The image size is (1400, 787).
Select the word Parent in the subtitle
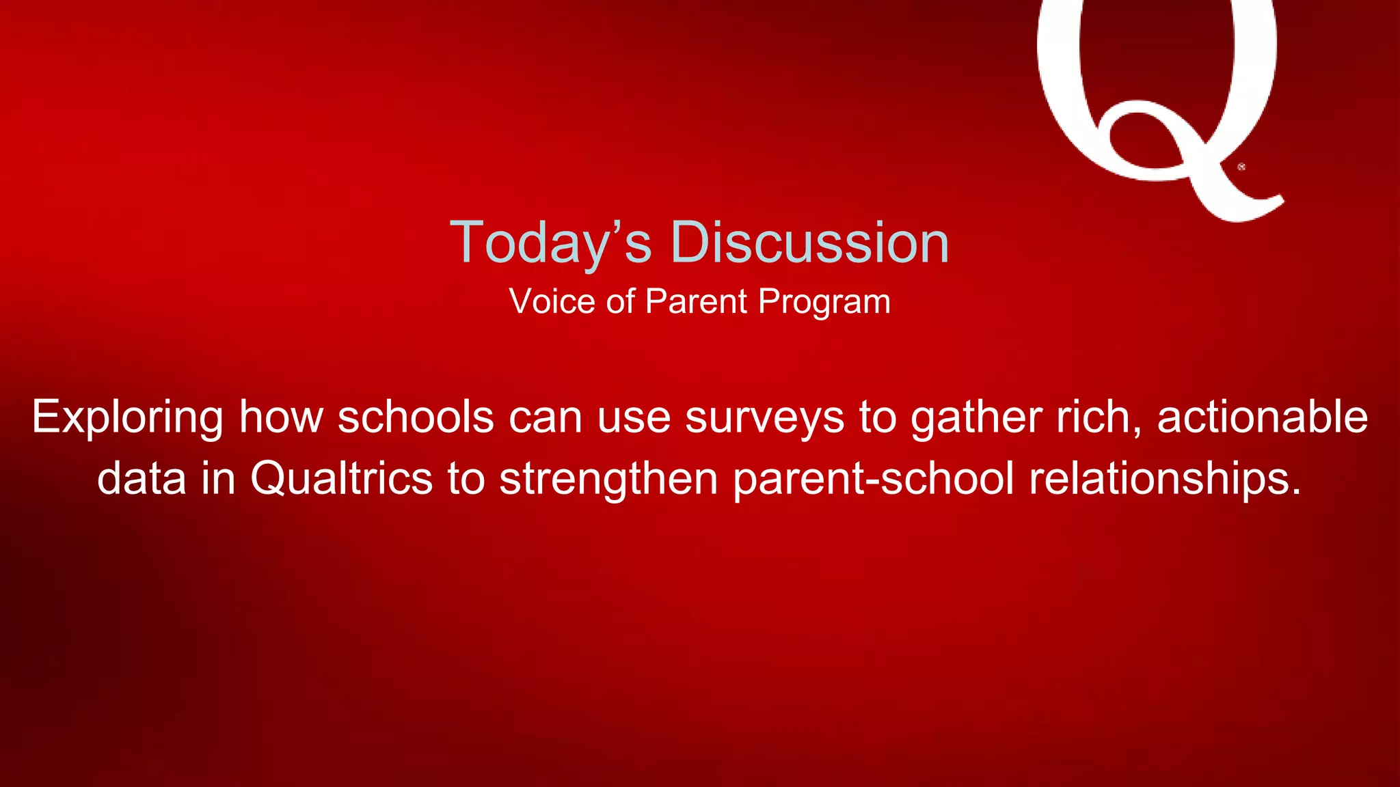tap(696, 301)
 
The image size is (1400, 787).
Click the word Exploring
tap(127, 417)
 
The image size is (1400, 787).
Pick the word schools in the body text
tap(416, 417)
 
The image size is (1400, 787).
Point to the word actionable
tap(1262, 417)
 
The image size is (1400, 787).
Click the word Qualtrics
tap(341, 478)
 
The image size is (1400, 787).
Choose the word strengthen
tap(608, 479)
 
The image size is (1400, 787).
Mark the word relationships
tap(1165, 479)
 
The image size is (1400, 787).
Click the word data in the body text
tap(142, 478)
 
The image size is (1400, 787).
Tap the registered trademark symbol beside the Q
tap(1241, 167)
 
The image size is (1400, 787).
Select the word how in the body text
tap(280, 417)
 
